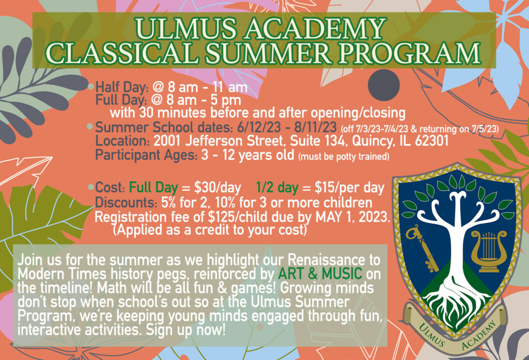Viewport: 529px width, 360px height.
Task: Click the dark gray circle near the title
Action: tap(384, 85)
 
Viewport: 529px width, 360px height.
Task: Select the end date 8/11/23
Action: tap(315, 128)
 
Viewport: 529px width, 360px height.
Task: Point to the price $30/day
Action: tap(217, 188)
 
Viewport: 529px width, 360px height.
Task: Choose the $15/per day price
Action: tap(349, 188)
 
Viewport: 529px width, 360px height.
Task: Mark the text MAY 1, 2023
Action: tap(352, 217)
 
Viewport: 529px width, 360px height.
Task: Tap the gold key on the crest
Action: tap(422, 248)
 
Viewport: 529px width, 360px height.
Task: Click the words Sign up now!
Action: tap(185, 330)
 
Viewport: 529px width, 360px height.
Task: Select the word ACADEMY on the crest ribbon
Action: tap(479, 335)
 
